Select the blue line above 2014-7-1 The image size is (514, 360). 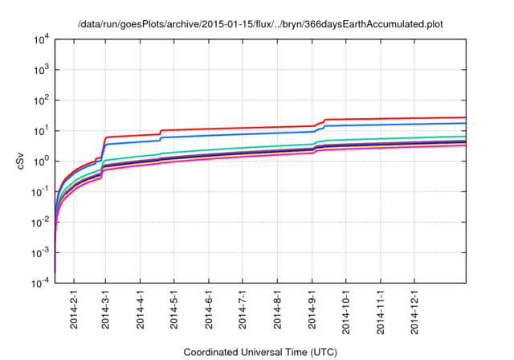(243, 134)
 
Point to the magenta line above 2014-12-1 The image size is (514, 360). (414, 147)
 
